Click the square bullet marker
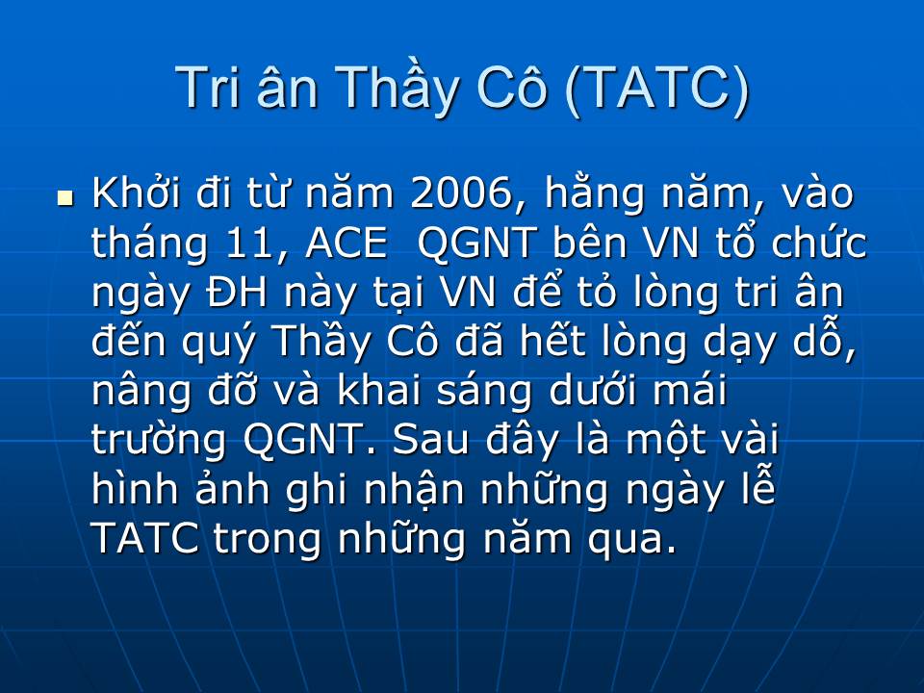click(65, 198)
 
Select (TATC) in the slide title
click(655, 90)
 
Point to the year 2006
click(461, 193)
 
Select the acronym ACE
click(346, 243)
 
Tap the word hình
click(135, 489)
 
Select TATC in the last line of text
click(145, 539)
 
